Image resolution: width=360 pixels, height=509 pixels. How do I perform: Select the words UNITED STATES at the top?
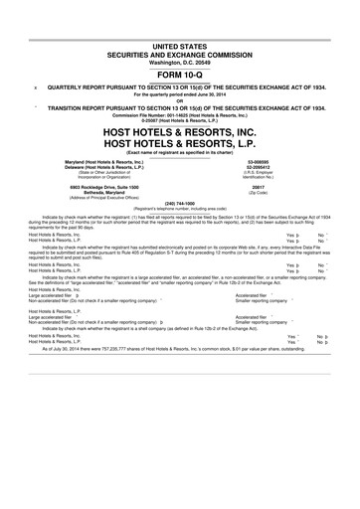click(x=180, y=47)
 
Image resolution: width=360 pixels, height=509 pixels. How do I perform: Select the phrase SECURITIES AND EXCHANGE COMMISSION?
click(x=180, y=54)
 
